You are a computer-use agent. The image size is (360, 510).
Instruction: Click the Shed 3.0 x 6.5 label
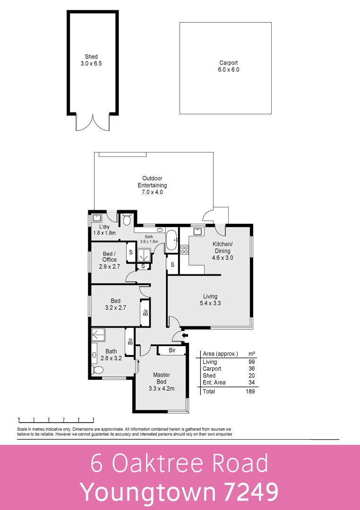pyautogui.click(x=91, y=60)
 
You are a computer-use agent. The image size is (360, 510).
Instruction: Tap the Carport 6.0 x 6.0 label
pyautogui.click(x=228, y=66)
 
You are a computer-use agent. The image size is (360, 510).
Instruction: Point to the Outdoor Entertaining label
pyautogui.click(x=152, y=185)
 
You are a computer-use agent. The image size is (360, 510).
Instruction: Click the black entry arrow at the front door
pyautogui.click(x=185, y=335)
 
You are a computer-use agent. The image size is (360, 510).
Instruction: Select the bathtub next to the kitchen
pyautogui.click(x=171, y=240)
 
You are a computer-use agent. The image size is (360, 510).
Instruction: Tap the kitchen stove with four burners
pyautogui.click(x=184, y=249)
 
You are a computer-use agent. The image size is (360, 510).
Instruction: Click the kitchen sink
pyautogui.click(x=197, y=231)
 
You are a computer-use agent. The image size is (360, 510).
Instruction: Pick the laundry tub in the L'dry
pyautogui.click(x=97, y=218)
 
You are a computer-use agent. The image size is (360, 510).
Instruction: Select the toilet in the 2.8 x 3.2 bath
pyautogui.click(x=97, y=371)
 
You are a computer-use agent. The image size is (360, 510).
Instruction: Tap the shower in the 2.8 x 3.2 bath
pyautogui.click(x=99, y=334)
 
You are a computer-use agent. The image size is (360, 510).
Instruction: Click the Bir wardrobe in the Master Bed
pyautogui.click(x=172, y=350)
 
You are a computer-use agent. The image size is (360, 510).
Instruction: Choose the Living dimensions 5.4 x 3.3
pyautogui.click(x=210, y=304)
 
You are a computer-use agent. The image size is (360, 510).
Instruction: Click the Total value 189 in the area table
pyautogui.click(x=250, y=391)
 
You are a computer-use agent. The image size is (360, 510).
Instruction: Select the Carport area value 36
pyautogui.click(x=251, y=369)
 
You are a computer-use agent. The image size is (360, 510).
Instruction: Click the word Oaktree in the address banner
pyautogui.click(x=159, y=464)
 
